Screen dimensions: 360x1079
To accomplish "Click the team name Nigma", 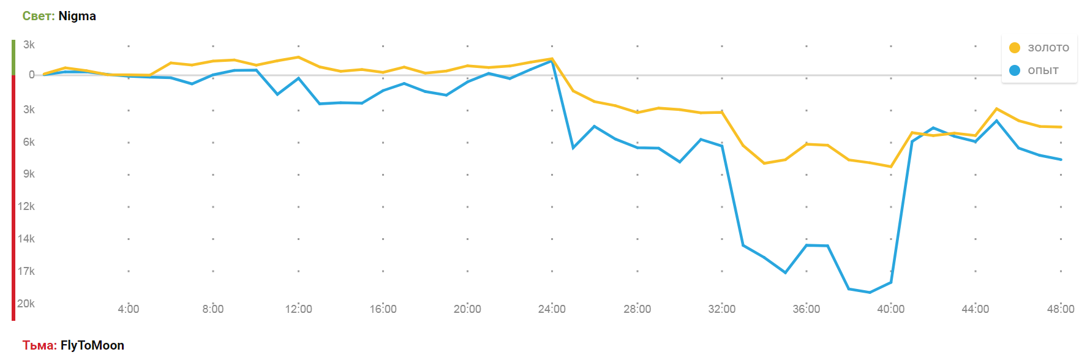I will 77,16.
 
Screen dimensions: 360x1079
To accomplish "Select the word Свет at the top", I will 38,16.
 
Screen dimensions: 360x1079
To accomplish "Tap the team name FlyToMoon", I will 92,345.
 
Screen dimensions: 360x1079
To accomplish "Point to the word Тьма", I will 39,345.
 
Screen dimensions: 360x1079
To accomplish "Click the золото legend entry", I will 1048,48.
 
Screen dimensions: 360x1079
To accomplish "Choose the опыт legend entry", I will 1043,70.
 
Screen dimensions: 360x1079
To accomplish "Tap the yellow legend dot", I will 1015,48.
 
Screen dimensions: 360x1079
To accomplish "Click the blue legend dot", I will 1015,70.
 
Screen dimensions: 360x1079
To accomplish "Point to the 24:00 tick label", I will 552,309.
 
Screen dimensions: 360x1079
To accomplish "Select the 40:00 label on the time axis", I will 890,309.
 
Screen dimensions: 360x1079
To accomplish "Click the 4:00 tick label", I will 129,309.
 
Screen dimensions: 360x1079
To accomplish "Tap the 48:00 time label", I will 1061,309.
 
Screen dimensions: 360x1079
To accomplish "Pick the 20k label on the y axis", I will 26,304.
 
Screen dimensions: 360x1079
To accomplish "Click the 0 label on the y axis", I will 32,75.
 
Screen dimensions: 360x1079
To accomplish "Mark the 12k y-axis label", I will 26,206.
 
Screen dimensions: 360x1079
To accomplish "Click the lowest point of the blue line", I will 870,293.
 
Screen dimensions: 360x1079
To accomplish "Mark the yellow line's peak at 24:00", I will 552,59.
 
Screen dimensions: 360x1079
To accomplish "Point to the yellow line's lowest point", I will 891,167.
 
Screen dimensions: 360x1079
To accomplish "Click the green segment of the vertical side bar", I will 13,57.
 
